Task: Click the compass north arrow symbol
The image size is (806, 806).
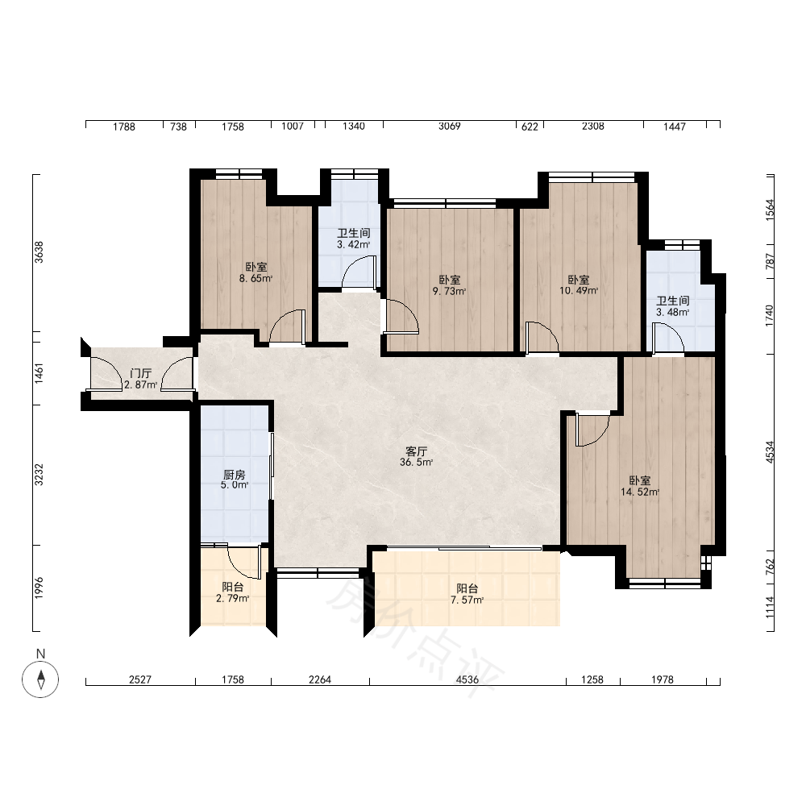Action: (x=40, y=679)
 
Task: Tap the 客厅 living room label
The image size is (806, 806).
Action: (x=417, y=451)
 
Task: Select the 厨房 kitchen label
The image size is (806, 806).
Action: (x=235, y=475)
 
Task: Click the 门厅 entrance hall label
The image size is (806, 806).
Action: (x=140, y=373)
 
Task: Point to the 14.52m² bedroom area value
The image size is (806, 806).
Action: (x=640, y=492)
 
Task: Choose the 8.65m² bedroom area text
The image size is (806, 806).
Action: (x=256, y=279)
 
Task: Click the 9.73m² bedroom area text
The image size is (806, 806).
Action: (x=449, y=292)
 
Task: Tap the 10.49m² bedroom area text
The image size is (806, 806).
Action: (x=579, y=291)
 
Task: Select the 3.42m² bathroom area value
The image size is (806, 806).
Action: (x=354, y=245)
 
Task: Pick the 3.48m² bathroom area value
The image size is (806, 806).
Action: (x=672, y=312)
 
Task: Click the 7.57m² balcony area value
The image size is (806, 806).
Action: (x=467, y=600)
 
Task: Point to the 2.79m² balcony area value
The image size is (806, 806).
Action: (x=232, y=598)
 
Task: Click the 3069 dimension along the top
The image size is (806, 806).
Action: (x=449, y=126)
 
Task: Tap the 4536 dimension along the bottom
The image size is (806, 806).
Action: (x=467, y=679)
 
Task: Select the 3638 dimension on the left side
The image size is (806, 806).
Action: (x=39, y=251)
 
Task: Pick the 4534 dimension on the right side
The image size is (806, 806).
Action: (x=770, y=452)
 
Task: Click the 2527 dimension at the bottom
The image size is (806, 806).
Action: (x=139, y=679)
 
